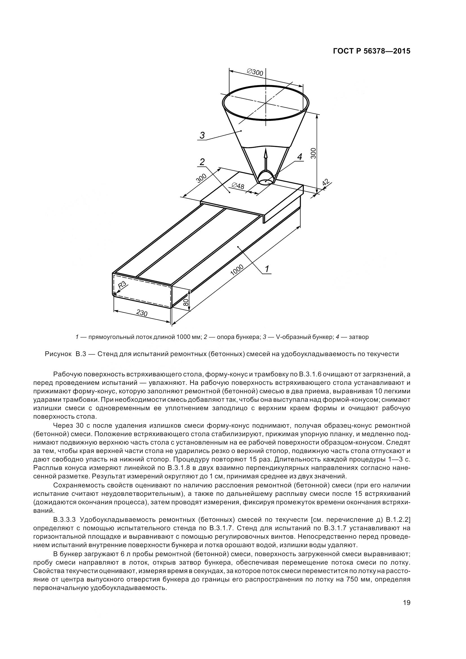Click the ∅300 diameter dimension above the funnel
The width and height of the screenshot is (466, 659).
(x=255, y=72)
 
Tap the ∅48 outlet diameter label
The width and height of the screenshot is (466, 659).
(x=238, y=186)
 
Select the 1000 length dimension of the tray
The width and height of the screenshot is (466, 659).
(x=237, y=270)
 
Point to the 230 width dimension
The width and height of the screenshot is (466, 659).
(x=142, y=313)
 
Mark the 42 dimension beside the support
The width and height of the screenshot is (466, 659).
(x=325, y=183)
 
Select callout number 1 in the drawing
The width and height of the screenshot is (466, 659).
(x=267, y=269)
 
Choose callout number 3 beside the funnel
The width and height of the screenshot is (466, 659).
(x=202, y=135)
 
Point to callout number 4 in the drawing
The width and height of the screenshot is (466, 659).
(x=299, y=157)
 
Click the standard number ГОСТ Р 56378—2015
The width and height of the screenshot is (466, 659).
(x=372, y=51)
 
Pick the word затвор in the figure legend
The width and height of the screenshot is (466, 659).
(x=359, y=337)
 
